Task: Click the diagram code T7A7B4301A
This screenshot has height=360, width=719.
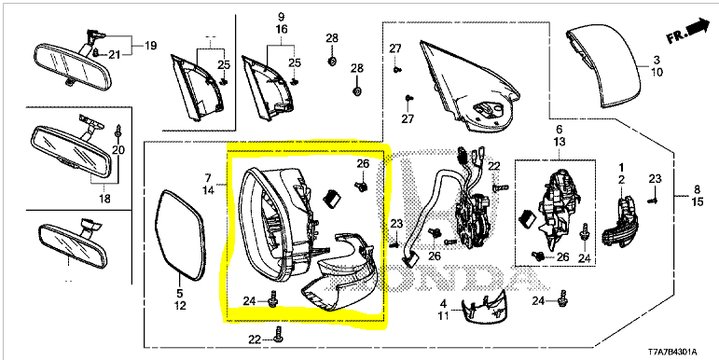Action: click(x=672, y=353)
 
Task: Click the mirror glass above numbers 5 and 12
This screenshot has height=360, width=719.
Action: click(x=180, y=234)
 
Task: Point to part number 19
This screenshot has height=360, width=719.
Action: click(x=150, y=46)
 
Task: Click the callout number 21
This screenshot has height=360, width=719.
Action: click(x=114, y=55)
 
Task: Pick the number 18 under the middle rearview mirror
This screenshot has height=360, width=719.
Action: click(x=104, y=199)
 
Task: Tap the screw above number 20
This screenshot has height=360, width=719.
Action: click(x=119, y=131)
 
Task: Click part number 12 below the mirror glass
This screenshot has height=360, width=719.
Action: click(x=180, y=305)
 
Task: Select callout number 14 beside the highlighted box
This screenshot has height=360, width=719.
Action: click(x=208, y=190)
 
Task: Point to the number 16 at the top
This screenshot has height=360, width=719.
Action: click(x=282, y=29)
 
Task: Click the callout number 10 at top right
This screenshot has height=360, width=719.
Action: click(x=657, y=73)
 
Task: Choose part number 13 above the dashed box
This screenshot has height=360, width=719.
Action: click(x=560, y=142)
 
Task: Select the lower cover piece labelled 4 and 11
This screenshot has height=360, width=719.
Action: click(x=485, y=306)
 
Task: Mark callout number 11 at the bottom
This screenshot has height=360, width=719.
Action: click(x=443, y=315)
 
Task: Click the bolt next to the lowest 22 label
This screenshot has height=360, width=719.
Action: click(x=278, y=334)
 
